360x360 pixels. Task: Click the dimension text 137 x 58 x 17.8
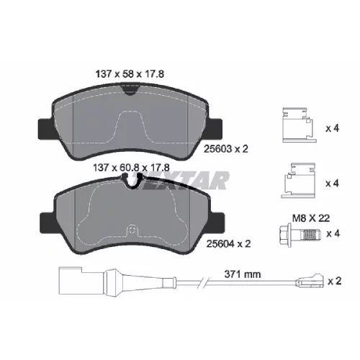[130, 74]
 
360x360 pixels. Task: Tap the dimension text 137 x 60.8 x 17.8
[131, 168]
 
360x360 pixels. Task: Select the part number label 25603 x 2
[225, 149]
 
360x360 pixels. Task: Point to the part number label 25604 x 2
[228, 244]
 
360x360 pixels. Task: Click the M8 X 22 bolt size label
[311, 218]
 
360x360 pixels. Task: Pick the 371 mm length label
[243, 274]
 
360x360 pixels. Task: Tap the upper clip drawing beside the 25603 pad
[300, 125]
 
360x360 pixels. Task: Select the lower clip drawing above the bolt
[299, 181]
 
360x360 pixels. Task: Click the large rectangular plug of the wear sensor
[81, 280]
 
